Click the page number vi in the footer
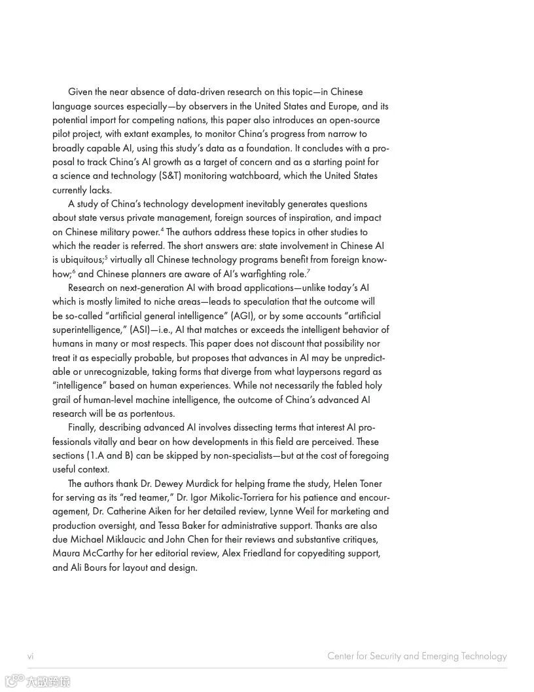click(30, 656)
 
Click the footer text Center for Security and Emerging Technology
click(417, 656)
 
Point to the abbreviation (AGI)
click(242, 316)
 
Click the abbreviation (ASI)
click(139, 330)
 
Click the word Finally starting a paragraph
click(82, 427)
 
